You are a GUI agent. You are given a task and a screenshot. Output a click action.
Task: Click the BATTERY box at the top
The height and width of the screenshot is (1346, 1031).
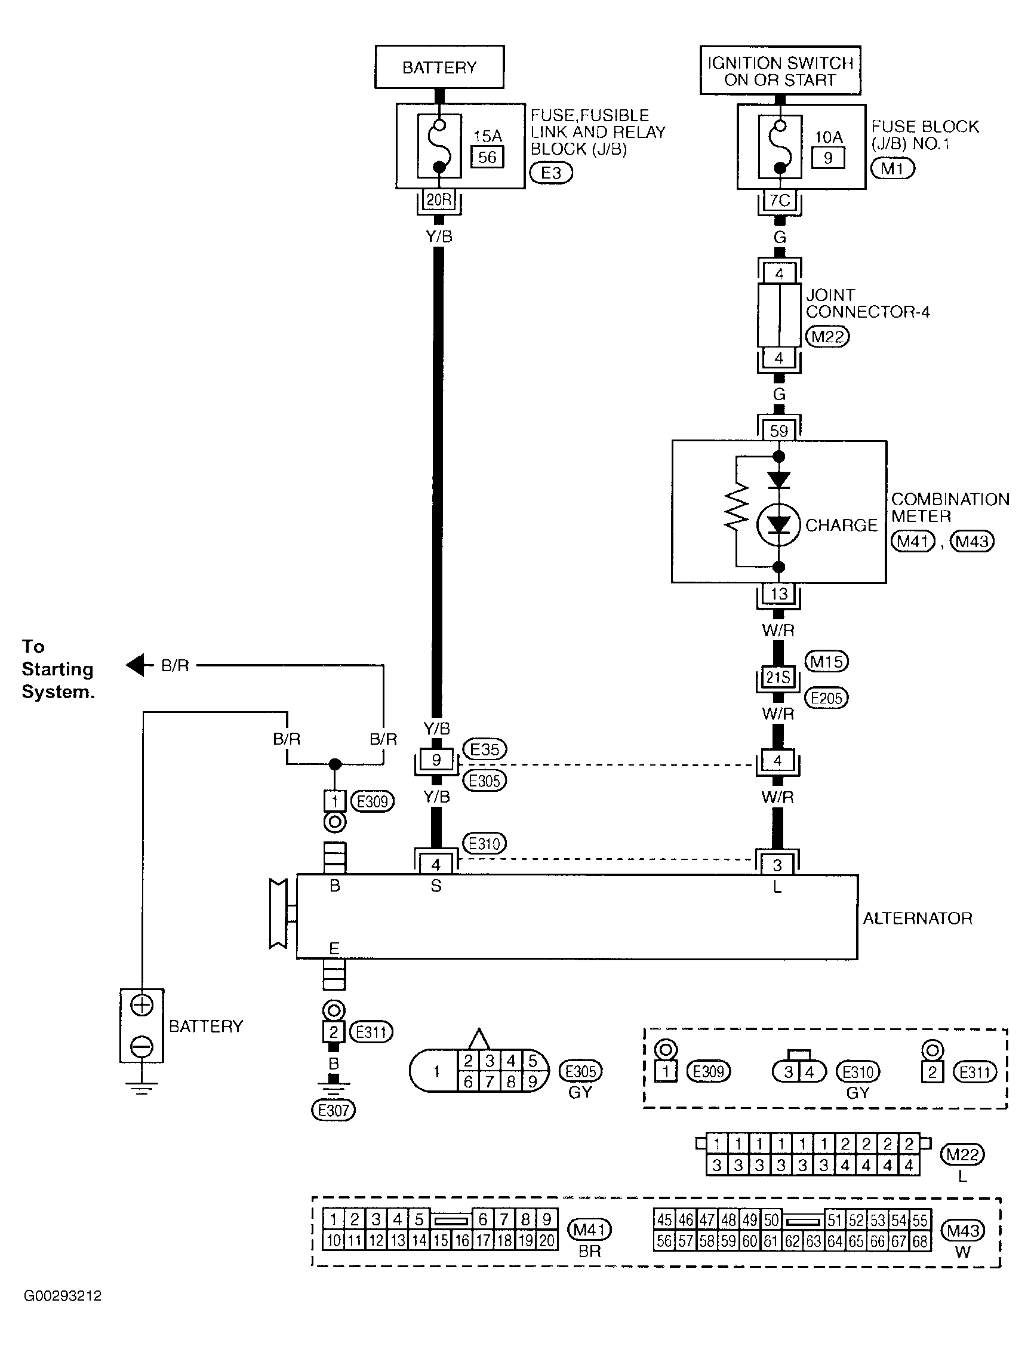tap(439, 67)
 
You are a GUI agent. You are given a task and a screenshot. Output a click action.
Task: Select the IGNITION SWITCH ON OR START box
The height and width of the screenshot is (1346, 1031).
tap(780, 70)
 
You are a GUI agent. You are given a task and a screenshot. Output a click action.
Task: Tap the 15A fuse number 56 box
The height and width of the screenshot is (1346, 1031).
tap(487, 157)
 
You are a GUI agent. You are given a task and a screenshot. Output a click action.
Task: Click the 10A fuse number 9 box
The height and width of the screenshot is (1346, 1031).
tap(828, 158)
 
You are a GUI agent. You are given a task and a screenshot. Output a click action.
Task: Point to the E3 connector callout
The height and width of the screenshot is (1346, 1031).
tap(550, 173)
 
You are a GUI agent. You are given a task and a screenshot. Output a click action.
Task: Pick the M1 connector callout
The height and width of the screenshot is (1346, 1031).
tap(893, 168)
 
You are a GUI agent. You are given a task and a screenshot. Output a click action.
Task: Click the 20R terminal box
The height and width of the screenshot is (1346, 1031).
tap(439, 200)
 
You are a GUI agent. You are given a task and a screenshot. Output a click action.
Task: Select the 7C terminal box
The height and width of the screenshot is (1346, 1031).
tap(780, 201)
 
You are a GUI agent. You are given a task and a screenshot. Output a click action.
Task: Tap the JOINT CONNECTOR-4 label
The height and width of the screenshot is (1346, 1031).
tap(868, 303)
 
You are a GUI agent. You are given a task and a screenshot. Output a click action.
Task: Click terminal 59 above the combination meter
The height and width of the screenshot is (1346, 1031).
tap(779, 431)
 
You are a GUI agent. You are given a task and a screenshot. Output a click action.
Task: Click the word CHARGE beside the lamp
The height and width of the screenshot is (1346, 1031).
tap(841, 526)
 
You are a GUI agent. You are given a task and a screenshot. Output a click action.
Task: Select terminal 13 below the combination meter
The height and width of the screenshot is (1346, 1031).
tap(779, 594)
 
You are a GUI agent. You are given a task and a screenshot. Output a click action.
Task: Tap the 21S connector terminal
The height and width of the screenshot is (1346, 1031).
tap(778, 677)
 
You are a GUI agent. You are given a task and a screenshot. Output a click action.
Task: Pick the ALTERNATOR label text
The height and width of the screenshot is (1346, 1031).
tap(918, 919)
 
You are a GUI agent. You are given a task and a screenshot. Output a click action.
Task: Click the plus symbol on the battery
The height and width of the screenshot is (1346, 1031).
tap(141, 1006)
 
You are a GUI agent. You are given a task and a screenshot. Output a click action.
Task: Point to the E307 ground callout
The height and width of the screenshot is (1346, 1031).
tap(334, 1110)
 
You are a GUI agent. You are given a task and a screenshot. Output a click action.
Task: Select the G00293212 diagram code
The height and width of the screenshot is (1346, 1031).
tap(63, 1296)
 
